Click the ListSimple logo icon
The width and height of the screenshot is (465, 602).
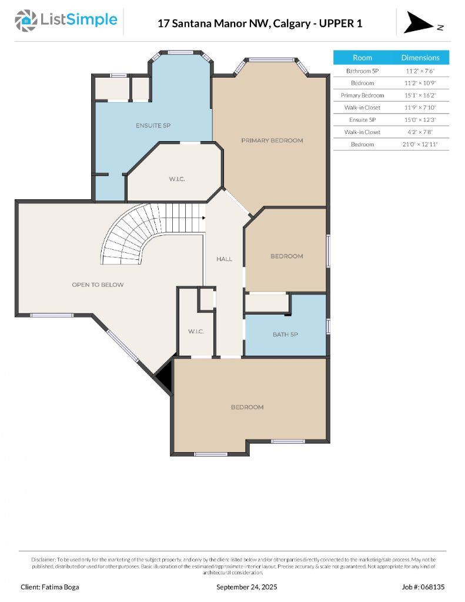(x=25, y=21)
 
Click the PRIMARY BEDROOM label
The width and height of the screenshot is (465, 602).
(x=272, y=141)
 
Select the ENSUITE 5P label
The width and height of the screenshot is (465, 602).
(x=153, y=126)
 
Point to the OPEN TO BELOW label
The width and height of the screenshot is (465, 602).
(x=98, y=285)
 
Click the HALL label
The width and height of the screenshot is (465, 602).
(x=224, y=259)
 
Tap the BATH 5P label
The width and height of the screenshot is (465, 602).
(x=285, y=335)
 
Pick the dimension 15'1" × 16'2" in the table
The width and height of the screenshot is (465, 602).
(x=420, y=95)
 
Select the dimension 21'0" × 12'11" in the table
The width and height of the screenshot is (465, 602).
(x=420, y=144)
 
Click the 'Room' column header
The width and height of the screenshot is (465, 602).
(x=362, y=58)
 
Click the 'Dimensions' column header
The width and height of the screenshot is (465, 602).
(x=420, y=58)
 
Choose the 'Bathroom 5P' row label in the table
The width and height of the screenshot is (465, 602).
(x=362, y=71)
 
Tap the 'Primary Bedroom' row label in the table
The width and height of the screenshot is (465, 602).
(x=362, y=95)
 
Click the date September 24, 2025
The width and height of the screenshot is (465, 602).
(x=246, y=587)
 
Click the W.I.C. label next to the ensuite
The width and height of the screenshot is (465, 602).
(x=177, y=179)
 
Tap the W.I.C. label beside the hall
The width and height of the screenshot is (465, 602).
(x=196, y=332)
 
